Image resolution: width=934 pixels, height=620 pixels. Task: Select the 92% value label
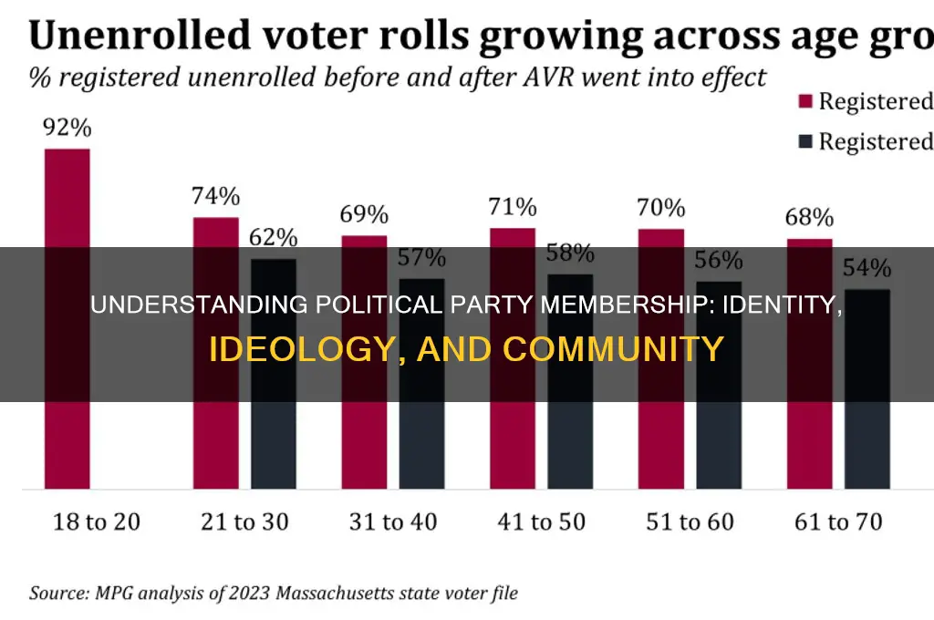point(67,127)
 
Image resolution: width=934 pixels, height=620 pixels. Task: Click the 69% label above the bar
point(365,215)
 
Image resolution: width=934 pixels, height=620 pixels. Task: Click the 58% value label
point(570,253)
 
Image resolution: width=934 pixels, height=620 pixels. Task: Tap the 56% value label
point(718,260)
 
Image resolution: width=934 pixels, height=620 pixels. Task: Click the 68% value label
point(809,218)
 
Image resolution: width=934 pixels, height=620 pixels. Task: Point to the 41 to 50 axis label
point(542,522)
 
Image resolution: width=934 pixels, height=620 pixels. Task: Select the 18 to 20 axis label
point(97,522)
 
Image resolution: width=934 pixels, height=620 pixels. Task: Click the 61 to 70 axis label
point(837,522)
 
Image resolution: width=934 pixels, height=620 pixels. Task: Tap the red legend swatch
point(804,101)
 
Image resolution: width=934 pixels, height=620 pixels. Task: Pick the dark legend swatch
point(804,141)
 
